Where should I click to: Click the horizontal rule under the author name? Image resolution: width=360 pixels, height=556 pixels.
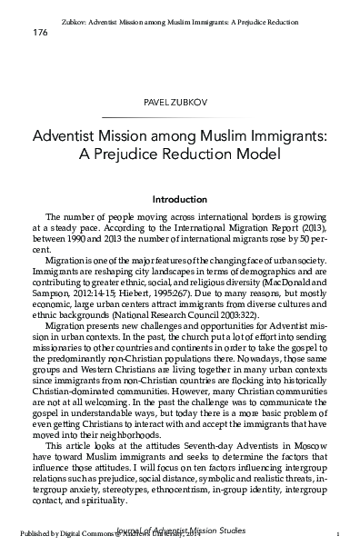180,117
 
